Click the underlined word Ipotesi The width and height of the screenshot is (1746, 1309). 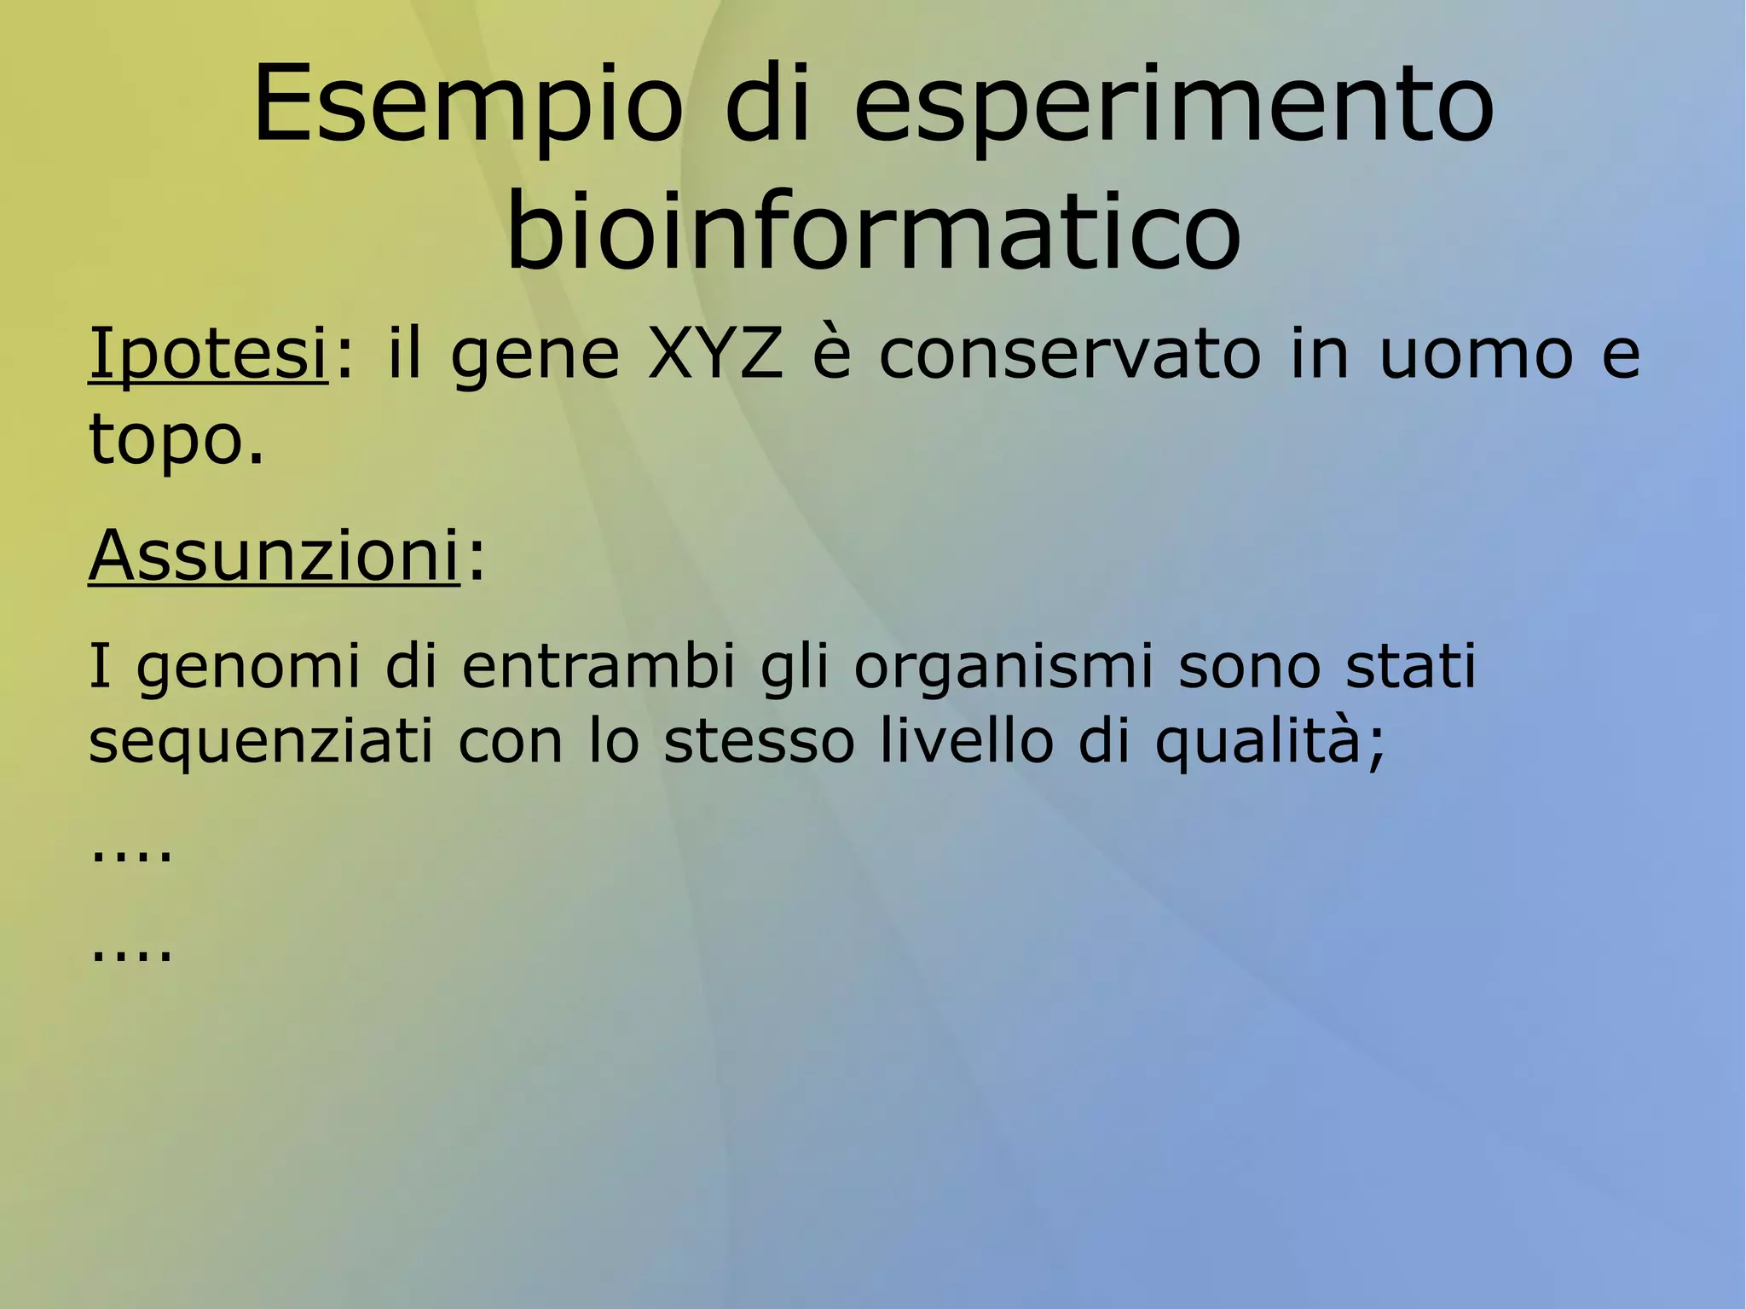tap(208, 354)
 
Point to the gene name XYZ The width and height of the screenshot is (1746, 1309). tap(714, 353)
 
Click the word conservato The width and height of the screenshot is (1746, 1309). tap(1069, 353)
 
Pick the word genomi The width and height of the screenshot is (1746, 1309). tap(248, 668)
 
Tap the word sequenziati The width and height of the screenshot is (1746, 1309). tap(261, 741)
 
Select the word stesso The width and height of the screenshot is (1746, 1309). tap(759, 741)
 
